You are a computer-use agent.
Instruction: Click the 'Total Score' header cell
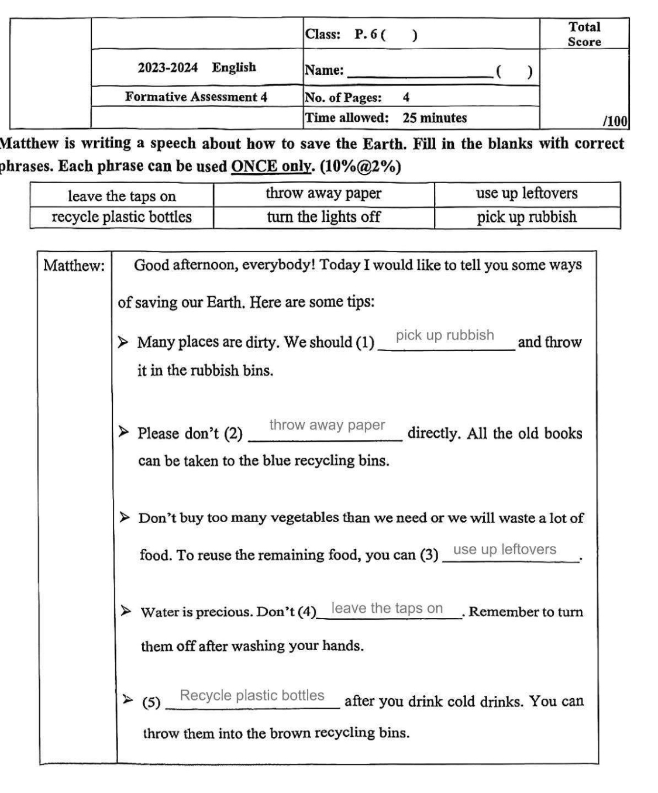pos(584,34)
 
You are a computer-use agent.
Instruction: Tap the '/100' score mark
pos(615,121)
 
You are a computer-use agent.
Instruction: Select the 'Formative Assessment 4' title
pos(196,97)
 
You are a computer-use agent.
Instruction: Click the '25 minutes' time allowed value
pos(434,118)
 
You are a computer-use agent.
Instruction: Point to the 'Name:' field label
pos(324,71)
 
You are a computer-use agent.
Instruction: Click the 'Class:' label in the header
pos(322,34)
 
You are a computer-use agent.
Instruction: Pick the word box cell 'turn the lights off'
pos(323,217)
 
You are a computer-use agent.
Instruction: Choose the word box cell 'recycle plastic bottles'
pos(122,217)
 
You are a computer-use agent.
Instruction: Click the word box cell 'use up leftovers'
pos(526,194)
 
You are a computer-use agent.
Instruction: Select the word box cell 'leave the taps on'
pos(122,196)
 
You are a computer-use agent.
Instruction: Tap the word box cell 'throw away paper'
pos(323,194)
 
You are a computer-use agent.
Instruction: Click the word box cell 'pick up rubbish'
pos(526,217)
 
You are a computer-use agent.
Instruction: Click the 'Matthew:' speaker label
pos(74,266)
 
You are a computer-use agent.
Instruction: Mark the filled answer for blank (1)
pos(445,335)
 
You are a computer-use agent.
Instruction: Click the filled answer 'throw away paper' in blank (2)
pos(327,425)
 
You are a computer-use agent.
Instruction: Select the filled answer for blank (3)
pos(505,550)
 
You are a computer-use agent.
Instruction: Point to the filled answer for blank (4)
pos(387,609)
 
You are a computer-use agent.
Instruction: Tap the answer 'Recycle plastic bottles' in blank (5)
pos(252,695)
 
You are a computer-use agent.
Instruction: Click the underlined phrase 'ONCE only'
pos(270,166)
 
